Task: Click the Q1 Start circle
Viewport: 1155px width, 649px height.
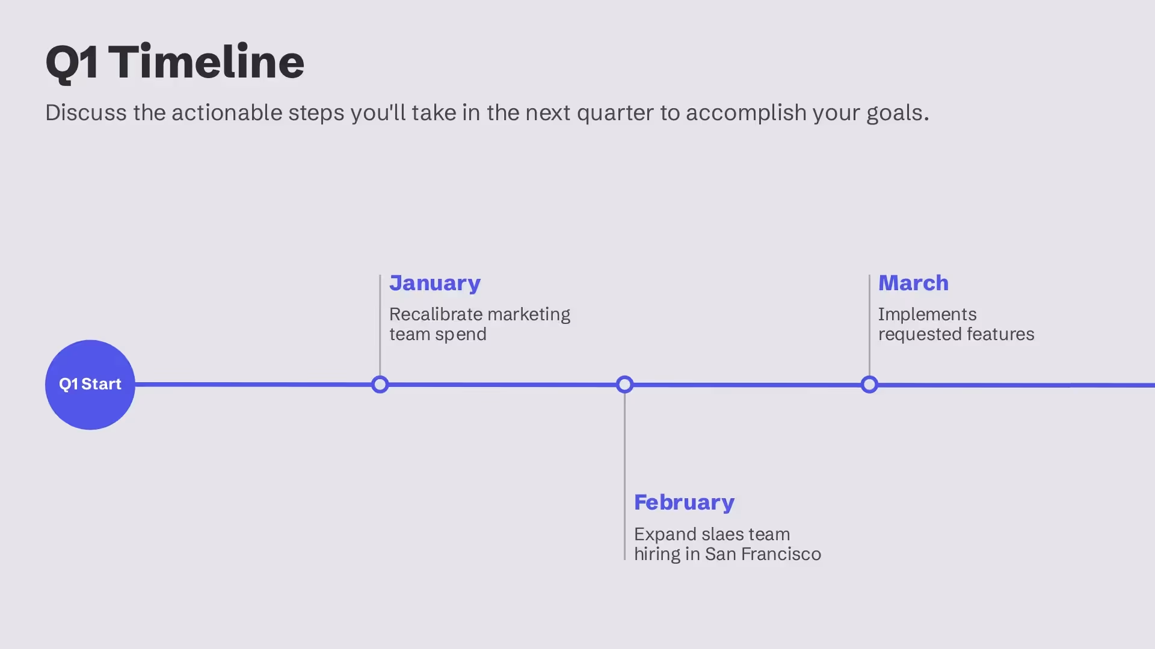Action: (x=90, y=385)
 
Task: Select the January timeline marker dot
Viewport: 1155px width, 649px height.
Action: (x=380, y=385)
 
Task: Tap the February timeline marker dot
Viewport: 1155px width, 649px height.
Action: (x=624, y=385)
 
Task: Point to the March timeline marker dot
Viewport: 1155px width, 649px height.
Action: (x=869, y=385)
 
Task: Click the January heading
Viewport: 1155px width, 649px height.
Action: (x=434, y=283)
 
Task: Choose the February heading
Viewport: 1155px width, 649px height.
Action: (x=684, y=502)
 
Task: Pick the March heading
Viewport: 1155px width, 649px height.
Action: (x=913, y=283)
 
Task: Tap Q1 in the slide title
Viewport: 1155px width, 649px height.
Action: (x=72, y=62)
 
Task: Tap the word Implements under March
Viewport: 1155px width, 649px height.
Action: (x=927, y=315)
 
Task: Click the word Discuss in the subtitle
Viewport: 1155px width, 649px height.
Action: (x=85, y=113)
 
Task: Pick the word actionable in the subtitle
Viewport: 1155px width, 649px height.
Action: (x=227, y=113)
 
